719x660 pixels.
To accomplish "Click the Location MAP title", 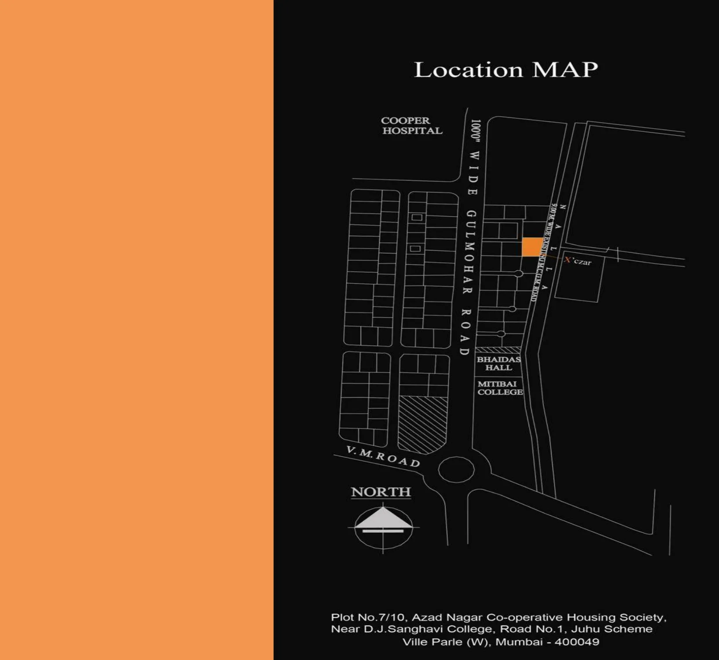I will (x=506, y=70).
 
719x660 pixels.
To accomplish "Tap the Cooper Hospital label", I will (x=411, y=126).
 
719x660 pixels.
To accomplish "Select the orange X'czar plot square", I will (x=532, y=247).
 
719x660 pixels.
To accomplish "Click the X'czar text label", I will (x=578, y=261).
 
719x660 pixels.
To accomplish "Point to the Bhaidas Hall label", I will (x=499, y=363).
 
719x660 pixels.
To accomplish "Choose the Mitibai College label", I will (x=500, y=388).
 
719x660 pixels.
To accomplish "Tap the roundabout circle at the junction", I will (x=456, y=469).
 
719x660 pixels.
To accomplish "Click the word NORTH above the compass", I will (x=381, y=492).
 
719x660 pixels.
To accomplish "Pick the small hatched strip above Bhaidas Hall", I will (x=498, y=350).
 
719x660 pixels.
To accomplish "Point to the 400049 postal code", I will (x=577, y=642).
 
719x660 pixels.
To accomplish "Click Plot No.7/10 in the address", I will (x=368, y=618).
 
